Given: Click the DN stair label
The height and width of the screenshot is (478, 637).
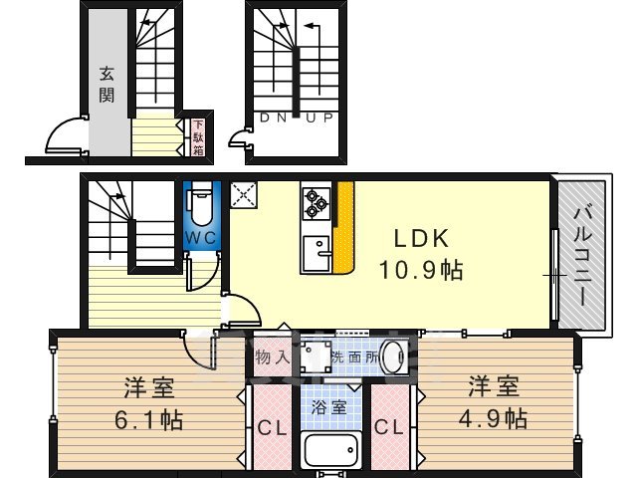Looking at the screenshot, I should pos(272,118).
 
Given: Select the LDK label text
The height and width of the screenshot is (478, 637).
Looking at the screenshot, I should pos(419,239).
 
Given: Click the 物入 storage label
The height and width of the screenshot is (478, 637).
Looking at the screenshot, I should pos(272,357).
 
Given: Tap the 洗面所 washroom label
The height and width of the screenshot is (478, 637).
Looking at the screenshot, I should pos(353,356).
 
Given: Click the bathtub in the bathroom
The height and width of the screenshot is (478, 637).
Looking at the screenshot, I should pos(332,454).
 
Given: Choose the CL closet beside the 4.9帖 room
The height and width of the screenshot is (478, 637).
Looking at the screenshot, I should pos(389,428).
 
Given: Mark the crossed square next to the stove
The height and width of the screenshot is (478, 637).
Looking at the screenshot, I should pos(243,196).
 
